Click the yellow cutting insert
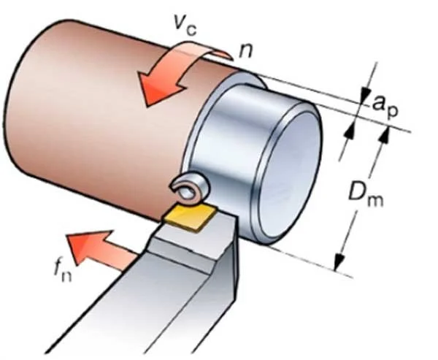191,216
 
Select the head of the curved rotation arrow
157,87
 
